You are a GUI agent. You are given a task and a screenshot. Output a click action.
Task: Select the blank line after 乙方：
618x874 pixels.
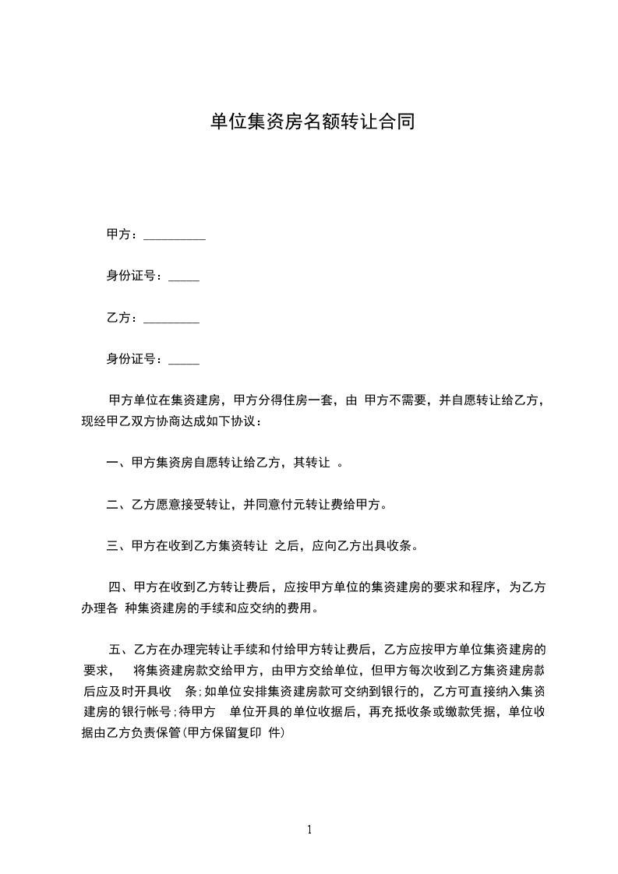point(171,319)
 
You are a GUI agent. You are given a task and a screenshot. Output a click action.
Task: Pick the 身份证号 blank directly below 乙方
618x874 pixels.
point(184,361)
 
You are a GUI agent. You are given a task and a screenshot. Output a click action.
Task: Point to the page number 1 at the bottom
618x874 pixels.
point(309,830)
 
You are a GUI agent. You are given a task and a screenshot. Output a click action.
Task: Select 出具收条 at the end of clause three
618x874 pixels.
point(393,546)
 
